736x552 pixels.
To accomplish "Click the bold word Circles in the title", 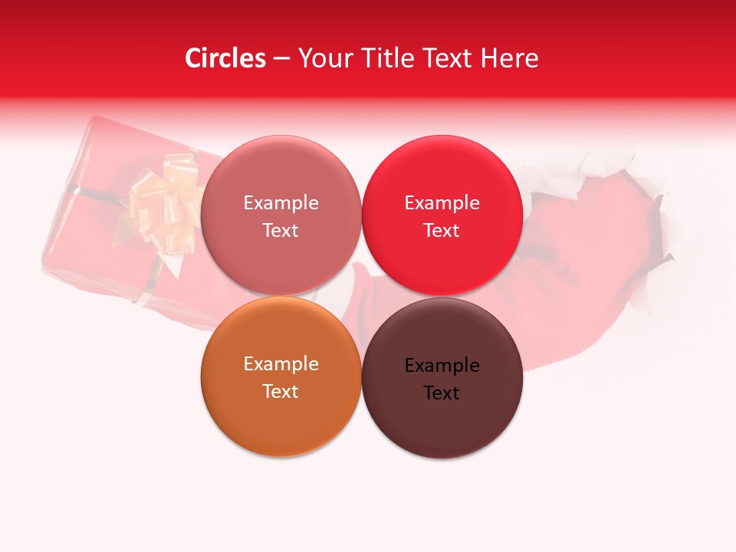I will (x=225, y=58).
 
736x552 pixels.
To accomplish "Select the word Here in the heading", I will (x=509, y=58).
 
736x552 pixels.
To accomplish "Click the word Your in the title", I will (x=323, y=58).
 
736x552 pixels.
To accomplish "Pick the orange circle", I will (x=281, y=418).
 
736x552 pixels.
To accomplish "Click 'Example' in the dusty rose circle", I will (x=281, y=202).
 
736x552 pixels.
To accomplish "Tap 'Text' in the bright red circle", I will (x=442, y=231).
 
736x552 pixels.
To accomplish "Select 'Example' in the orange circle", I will (x=281, y=363).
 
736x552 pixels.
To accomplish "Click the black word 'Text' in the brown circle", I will (x=442, y=393).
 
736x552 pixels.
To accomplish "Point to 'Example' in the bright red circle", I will (x=442, y=202).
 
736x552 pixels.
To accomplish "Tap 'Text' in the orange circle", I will (x=281, y=392).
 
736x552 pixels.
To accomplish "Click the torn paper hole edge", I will (x=652, y=207).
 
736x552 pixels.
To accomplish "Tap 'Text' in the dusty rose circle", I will (x=281, y=231).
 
